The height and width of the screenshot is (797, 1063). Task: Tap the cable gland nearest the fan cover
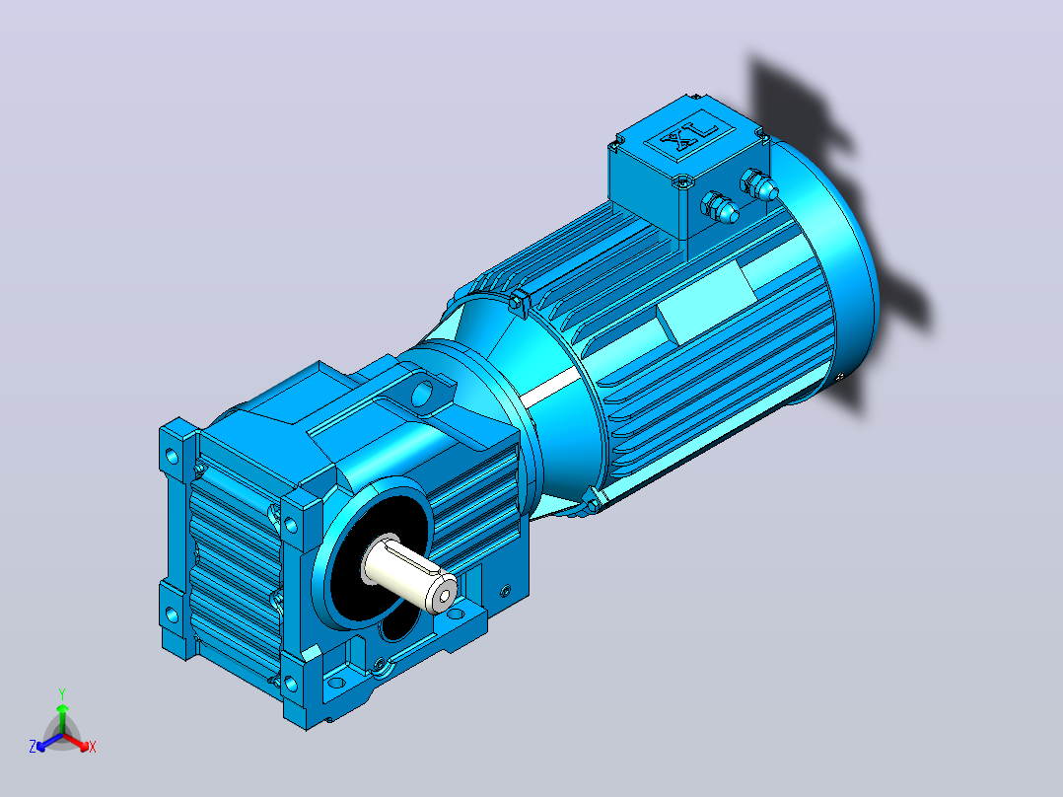pyautogui.click(x=759, y=184)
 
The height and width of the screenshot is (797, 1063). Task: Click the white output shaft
pyautogui.click(x=409, y=572)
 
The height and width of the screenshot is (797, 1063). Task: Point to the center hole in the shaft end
pyautogui.click(x=444, y=596)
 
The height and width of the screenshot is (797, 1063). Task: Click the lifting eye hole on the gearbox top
pyautogui.click(x=422, y=394)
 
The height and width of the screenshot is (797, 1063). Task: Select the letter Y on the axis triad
pyautogui.click(x=62, y=693)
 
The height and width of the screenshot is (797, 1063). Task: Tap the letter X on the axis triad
pyautogui.click(x=93, y=747)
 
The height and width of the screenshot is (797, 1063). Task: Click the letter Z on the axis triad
pyautogui.click(x=32, y=747)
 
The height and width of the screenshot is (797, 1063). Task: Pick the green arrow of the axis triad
pyautogui.click(x=62, y=719)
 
